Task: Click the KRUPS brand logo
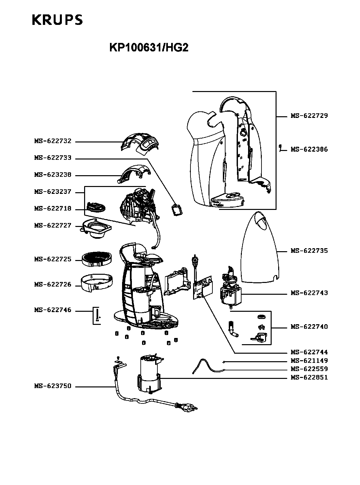[57, 20]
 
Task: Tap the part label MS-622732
[53, 141]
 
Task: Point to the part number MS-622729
[309, 116]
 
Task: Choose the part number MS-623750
[53, 386]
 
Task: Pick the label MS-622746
[53, 310]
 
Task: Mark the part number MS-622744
[309, 352]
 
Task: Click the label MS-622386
[309, 149]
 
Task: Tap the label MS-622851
[309, 377]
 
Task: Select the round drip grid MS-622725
[97, 259]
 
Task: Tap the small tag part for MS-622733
[177, 210]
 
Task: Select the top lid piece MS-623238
[134, 174]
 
